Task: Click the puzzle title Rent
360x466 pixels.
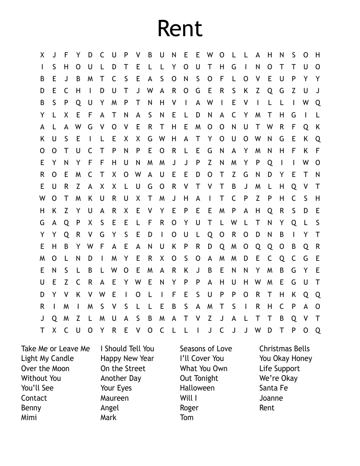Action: [180, 29]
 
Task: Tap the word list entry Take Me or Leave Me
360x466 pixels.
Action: [55, 349]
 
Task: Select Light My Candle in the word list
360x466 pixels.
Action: [47, 358]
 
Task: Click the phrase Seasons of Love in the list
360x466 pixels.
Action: [206, 349]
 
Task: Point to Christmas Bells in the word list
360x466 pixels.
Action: [284, 349]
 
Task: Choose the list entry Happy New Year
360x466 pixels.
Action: [127, 358]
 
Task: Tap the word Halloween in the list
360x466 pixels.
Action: [197, 388]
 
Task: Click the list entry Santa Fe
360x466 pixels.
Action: [273, 388]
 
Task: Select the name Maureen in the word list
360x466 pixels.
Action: [114, 398]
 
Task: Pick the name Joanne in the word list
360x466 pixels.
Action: [271, 398]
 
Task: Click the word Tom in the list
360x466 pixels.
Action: [187, 417]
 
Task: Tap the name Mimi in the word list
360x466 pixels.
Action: [29, 417]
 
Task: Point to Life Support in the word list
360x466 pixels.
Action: [279, 368]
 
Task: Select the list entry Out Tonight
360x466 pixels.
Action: [199, 378]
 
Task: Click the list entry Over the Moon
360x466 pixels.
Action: [45, 368]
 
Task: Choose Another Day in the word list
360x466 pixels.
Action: [121, 378]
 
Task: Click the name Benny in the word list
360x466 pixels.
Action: [31, 408]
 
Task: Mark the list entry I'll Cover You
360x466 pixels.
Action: [202, 358]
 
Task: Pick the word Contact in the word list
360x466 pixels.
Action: [34, 398]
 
